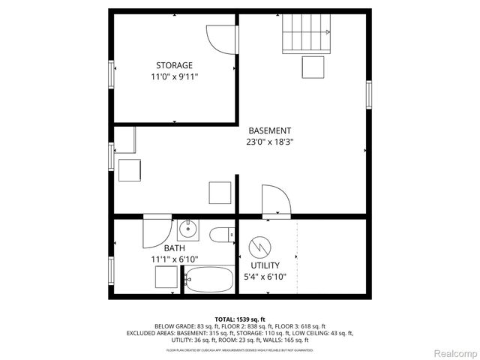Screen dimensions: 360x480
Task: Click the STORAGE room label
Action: [x=174, y=65]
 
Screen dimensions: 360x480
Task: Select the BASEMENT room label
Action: [x=269, y=130]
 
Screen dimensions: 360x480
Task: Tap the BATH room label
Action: [x=174, y=248]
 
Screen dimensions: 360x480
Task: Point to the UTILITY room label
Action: [x=265, y=265]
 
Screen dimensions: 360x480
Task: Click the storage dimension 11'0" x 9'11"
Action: [x=174, y=76]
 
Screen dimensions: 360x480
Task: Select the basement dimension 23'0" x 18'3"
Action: [x=269, y=141]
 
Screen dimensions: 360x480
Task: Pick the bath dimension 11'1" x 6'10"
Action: [x=174, y=259]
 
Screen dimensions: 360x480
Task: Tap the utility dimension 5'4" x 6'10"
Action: [x=265, y=277]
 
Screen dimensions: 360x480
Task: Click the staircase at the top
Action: [x=307, y=34]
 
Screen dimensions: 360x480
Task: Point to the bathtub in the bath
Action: [x=211, y=280]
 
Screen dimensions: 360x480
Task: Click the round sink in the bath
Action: [x=187, y=229]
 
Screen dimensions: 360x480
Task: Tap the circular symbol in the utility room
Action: [x=261, y=245]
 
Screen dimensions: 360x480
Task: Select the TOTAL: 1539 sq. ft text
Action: [x=239, y=319]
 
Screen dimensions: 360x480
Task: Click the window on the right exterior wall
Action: [x=368, y=95]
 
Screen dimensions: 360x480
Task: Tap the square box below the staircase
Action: [x=313, y=67]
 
